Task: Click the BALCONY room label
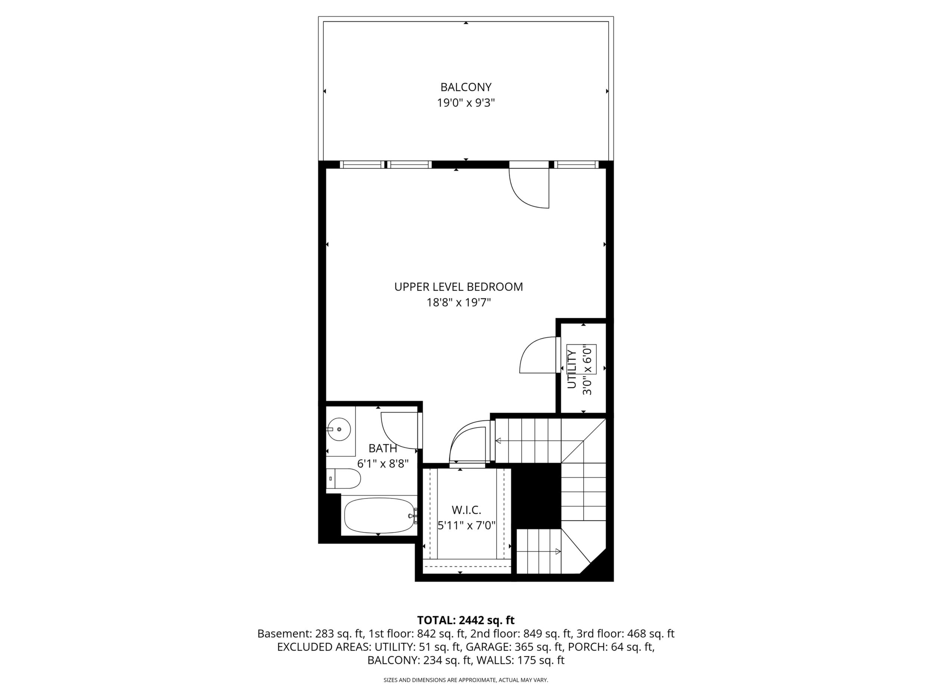tap(466, 87)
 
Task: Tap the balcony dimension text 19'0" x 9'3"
tap(466, 103)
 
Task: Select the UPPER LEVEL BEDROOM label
tap(459, 287)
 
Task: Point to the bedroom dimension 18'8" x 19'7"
tap(459, 302)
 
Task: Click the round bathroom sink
tap(339, 429)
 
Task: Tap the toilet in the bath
tap(344, 479)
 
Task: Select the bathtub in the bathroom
tap(379, 515)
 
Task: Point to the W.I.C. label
tap(466, 510)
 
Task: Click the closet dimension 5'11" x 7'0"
tap(466, 526)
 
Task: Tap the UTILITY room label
tap(572, 370)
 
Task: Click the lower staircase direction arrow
tap(539, 551)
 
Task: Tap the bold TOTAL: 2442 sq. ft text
tap(466, 620)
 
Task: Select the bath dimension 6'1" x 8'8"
tap(383, 464)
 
